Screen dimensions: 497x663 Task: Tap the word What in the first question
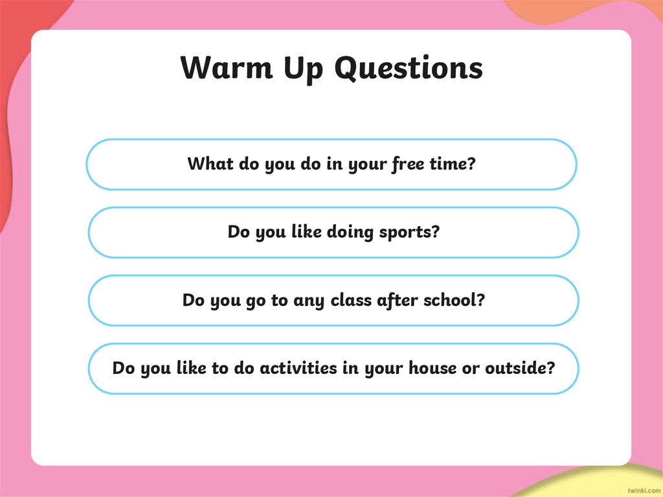click(210, 164)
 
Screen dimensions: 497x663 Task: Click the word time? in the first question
click(453, 164)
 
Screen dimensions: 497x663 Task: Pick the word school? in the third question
click(454, 301)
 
